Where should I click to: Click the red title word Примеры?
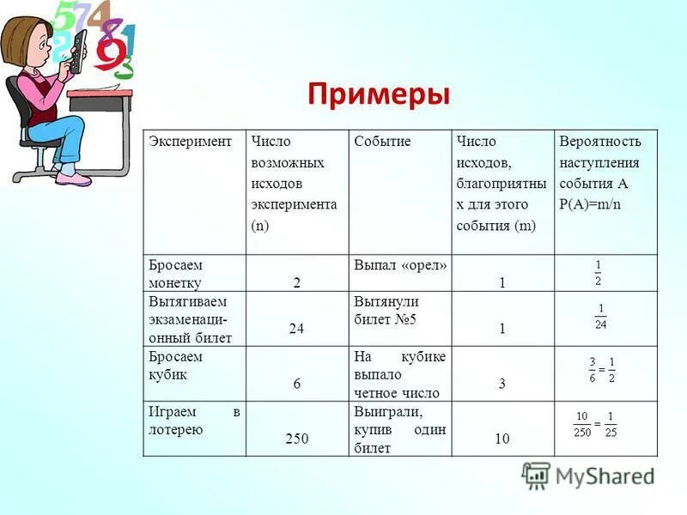[x=378, y=94]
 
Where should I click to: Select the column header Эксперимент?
[x=191, y=141]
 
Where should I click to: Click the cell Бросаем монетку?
[x=176, y=274]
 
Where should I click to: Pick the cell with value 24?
[x=297, y=328]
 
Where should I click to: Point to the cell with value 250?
[x=297, y=439]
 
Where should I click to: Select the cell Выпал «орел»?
[x=400, y=265]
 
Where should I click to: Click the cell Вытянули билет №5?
[x=386, y=311]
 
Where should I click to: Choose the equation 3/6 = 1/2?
[x=601, y=371]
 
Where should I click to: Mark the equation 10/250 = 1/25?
[x=595, y=424]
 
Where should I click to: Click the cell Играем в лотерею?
[x=194, y=421]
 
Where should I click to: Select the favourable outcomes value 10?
[x=502, y=439]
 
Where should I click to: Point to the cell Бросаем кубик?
[x=176, y=366]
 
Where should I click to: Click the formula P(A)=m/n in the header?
[x=590, y=204]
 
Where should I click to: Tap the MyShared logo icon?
[x=536, y=475]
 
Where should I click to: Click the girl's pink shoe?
[x=74, y=179]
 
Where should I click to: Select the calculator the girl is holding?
[x=76, y=51]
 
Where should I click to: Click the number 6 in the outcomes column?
[x=297, y=384]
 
